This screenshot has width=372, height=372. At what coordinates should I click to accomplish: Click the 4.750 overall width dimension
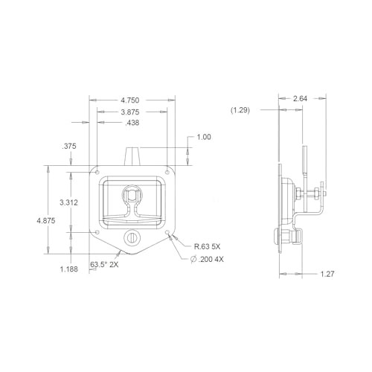pos(130,100)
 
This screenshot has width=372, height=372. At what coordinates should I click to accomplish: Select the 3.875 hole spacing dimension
pos(130,112)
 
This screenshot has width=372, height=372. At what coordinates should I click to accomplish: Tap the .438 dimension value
pos(132,123)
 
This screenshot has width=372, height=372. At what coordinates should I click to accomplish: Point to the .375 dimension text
pos(69,146)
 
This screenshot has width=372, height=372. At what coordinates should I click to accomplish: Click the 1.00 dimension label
pos(204,137)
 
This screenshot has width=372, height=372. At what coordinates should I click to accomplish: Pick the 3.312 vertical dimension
pos(68,202)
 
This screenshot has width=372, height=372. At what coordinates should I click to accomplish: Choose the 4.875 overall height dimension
pos(46,220)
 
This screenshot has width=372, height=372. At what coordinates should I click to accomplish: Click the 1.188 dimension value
pos(69,269)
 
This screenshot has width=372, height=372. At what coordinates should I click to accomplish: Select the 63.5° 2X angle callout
pos(104,265)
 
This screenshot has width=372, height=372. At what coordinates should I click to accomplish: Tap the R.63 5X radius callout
pos(207,246)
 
